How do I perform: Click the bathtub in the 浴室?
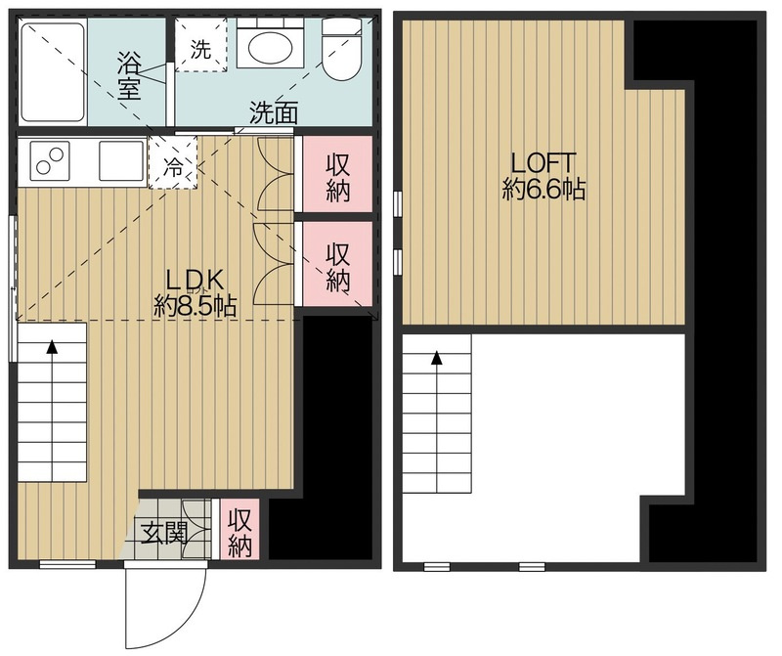pos(53,72)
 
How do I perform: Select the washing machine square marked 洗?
pos(200,45)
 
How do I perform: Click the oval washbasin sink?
pos(270,47)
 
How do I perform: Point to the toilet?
pos(340,48)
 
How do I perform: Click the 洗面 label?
pos(274,112)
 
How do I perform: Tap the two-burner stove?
pos(50,160)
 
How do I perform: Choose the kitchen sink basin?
pos(121,160)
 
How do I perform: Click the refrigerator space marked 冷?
pos(173,163)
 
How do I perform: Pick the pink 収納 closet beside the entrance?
pos(239,529)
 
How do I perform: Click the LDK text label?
pos(194,282)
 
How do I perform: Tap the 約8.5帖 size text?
pos(195,305)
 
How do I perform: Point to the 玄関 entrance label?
pos(164,533)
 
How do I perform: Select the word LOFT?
pos(543,163)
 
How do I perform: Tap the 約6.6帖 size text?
pos(543,189)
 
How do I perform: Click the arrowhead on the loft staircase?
pos(437,357)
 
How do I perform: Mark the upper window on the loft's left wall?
pos(398,203)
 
